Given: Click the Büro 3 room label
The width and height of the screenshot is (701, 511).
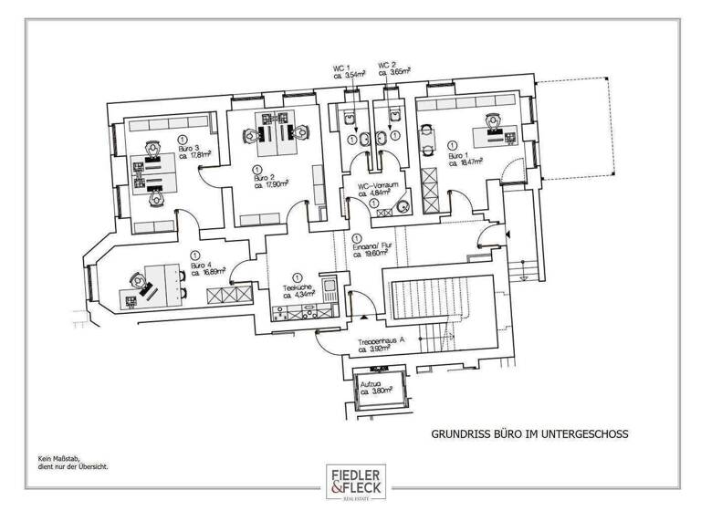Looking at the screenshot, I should point(190,148).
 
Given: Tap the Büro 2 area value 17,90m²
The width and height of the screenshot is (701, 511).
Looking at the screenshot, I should point(271,184).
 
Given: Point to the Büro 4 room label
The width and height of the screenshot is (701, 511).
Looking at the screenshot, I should point(201,266).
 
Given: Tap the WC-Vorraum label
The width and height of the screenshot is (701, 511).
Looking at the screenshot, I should point(374,184).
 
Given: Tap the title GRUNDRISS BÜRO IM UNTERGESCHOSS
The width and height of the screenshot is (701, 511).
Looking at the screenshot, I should point(529,435).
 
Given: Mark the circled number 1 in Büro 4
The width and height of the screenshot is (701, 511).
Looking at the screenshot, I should point(194,255).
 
